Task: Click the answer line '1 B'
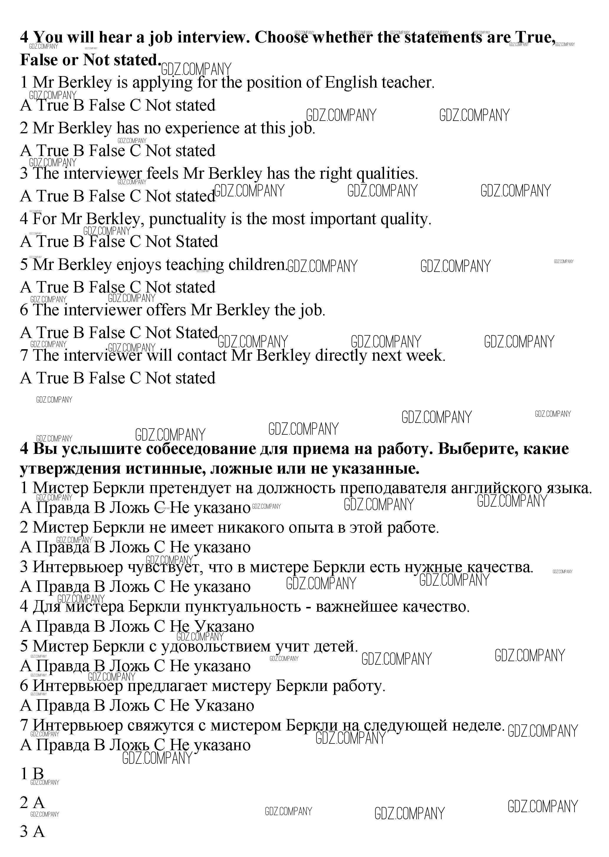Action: tap(32, 774)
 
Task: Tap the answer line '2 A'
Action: tap(32, 803)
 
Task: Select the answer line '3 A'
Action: tap(32, 831)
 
